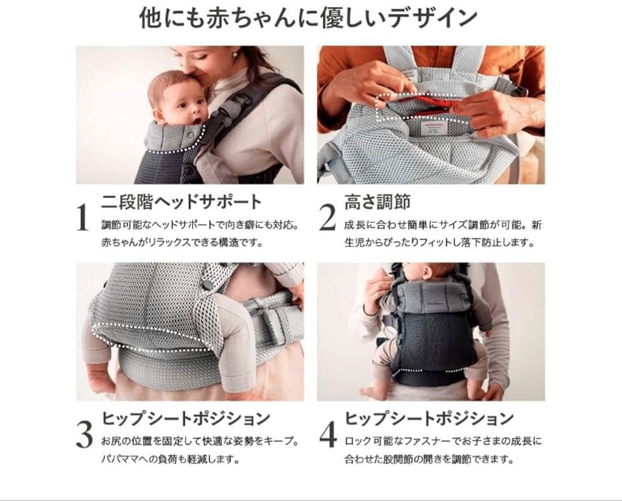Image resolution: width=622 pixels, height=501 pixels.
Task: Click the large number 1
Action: (x=82, y=217)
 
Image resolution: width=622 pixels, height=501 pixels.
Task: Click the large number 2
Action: (x=327, y=217)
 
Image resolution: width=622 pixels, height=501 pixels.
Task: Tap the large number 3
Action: (x=84, y=435)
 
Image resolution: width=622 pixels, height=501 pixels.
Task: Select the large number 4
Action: (x=328, y=435)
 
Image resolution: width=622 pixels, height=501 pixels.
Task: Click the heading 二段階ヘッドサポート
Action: (x=181, y=202)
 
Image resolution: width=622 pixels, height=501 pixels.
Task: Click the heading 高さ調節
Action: (x=377, y=202)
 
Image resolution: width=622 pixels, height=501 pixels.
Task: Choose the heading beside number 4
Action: (x=429, y=419)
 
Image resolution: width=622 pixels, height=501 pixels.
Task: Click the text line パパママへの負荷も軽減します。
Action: (x=171, y=459)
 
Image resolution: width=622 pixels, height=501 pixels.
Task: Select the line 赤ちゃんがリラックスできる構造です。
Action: (x=183, y=242)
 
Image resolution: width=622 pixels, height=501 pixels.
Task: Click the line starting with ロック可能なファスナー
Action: (x=443, y=441)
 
